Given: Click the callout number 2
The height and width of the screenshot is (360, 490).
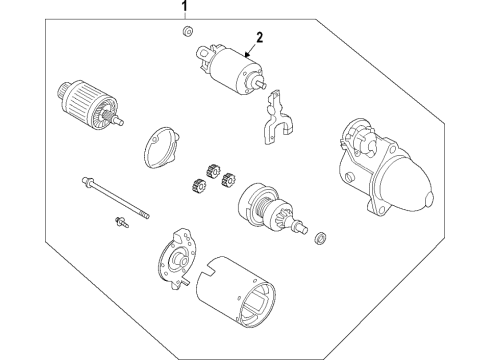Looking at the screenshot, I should tap(258, 38).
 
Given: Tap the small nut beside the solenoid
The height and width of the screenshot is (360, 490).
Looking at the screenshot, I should tap(187, 34).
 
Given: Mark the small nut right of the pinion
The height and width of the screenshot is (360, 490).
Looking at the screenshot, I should tap(322, 237).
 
